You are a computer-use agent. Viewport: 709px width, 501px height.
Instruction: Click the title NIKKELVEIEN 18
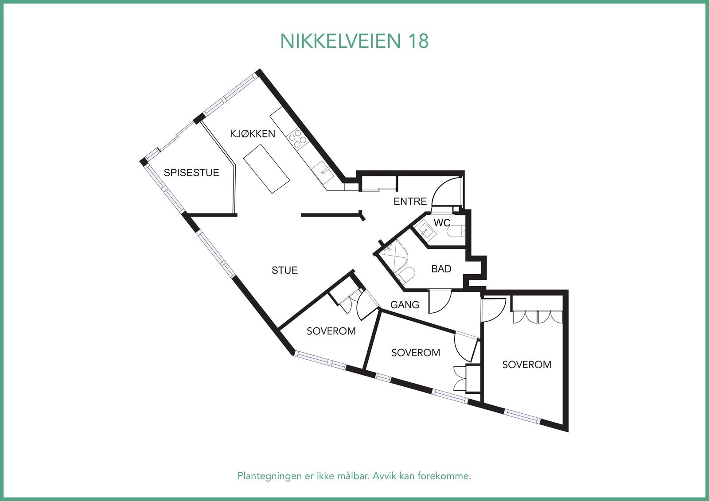pos(354,41)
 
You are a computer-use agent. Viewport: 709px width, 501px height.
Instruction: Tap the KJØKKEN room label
pos(253,134)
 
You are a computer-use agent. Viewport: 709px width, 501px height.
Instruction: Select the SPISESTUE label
pos(191,173)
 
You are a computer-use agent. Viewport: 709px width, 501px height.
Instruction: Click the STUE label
pos(284,270)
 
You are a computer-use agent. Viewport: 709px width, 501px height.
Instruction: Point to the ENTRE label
pos(410,202)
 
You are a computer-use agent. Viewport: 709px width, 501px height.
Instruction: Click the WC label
pos(442,223)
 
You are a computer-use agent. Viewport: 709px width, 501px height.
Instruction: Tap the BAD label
pos(441,269)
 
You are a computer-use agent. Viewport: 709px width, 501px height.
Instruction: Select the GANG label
pos(405,305)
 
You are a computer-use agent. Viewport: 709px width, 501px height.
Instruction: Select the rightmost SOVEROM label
pos(526,365)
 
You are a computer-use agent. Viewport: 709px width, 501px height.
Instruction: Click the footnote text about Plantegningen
pos(354,476)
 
